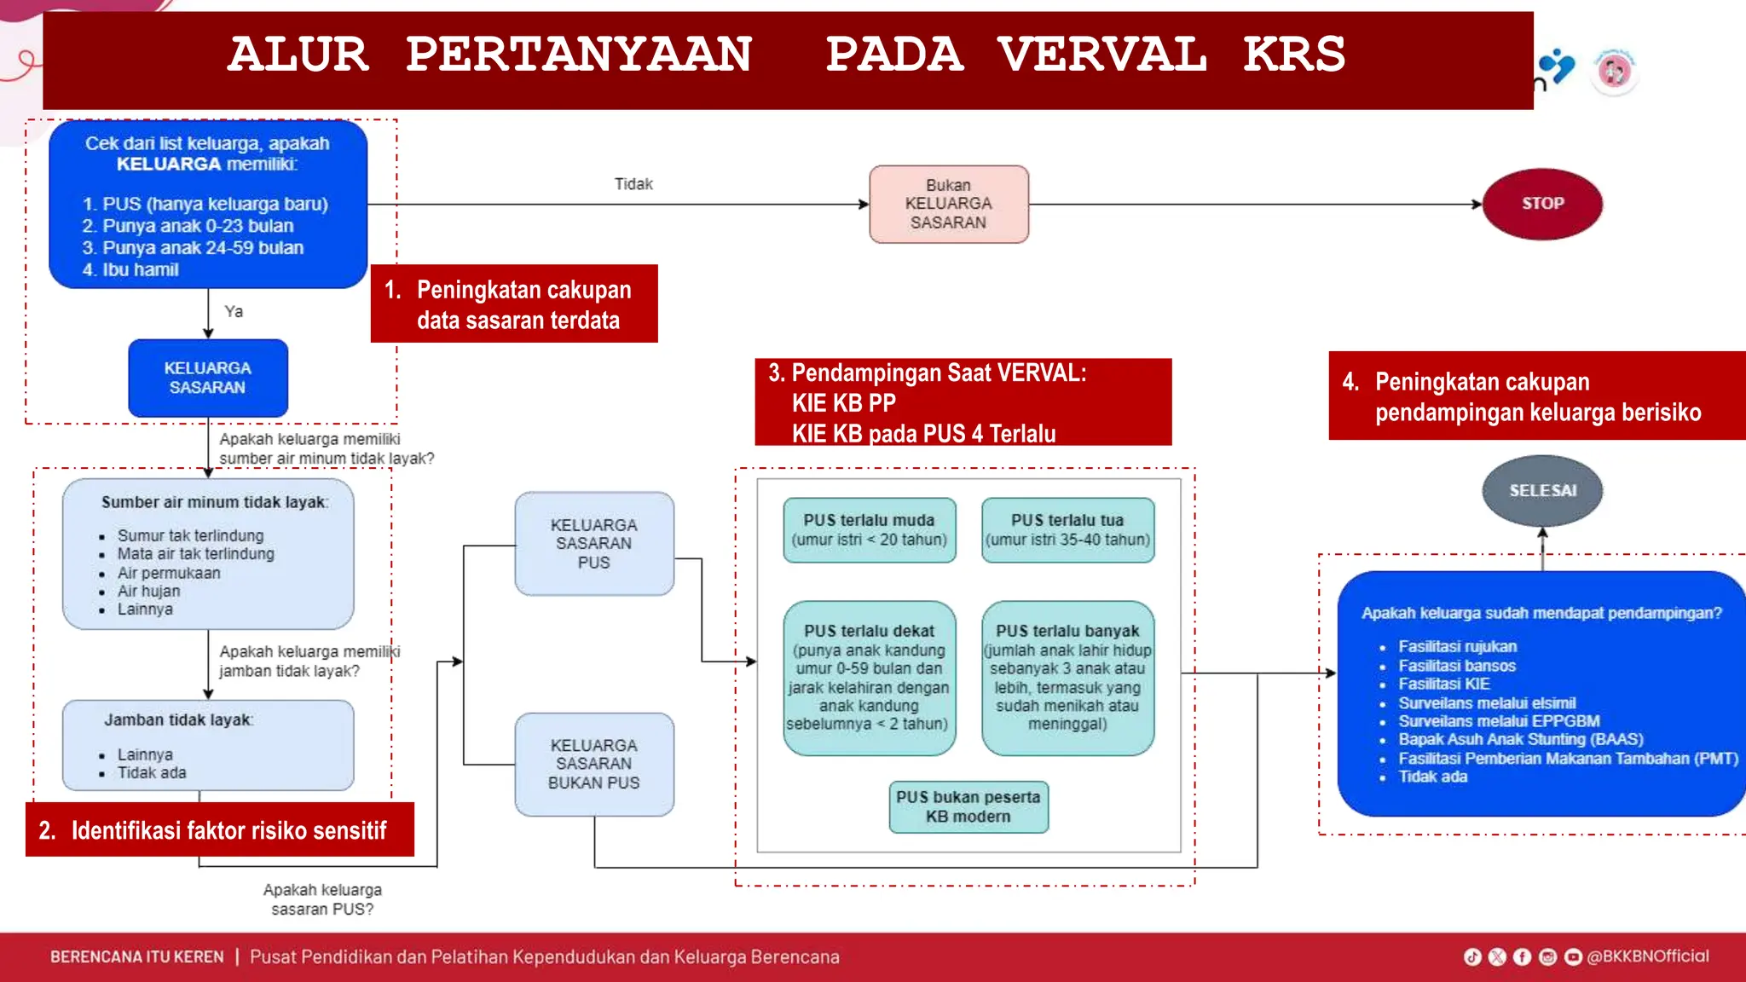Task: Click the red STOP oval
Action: click(x=1542, y=204)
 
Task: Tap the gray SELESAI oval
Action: click(x=1542, y=491)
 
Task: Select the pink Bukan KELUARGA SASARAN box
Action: click(x=948, y=205)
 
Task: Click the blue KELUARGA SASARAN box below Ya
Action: click(x=208, y=378)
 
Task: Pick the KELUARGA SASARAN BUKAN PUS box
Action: click(x=593, y=764)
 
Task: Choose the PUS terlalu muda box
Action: click(x=869, y=529)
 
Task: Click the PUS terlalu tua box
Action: click(x=1067, y=529)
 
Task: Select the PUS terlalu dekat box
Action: click(x=869, y=678)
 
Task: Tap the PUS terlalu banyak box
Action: click(x=1067, y=678)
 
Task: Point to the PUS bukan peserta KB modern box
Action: click(x=968, y=806)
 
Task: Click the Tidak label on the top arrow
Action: click(x=633, y=184)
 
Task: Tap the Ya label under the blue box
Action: click(x=234, y=312)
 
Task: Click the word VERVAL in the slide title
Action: click(x=1101, y=55)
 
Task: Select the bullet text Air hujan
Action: click(x=148, y=591)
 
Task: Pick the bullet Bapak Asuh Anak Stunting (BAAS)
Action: click(x=1520, y=739)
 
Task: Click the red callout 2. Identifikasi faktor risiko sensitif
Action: click(x=219, y=830)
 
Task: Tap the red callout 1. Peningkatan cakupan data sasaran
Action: click(x=514, y=304)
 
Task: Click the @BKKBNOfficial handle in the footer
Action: click(x=1647, y=956)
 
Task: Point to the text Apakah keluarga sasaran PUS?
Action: click(x=322, y=899)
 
